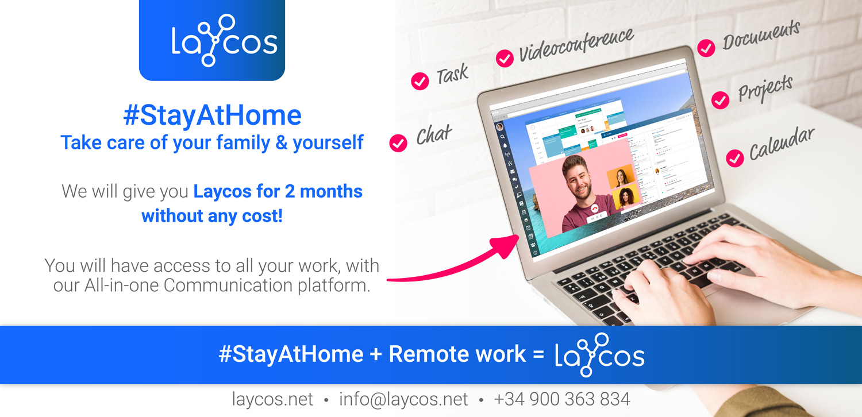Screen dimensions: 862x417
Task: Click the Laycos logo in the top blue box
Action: [x=224, y=40]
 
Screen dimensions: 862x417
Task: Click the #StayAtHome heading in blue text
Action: [x=212, y=115]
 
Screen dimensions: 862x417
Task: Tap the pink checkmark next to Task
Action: [x=420, y=81]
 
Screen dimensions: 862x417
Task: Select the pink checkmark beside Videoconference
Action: [x=505, y=59]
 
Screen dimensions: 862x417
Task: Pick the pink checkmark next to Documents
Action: [x=706, y=48]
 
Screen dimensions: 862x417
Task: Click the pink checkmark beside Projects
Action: [x=720, y=100]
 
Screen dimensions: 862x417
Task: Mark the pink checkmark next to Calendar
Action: [x=735, y=158]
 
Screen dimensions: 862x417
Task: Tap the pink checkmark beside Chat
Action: [x=398, y=143]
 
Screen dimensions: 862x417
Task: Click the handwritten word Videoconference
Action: [x=576, y=45]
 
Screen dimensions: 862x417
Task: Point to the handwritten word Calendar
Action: [x=782, y=143]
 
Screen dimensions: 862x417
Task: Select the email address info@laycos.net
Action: [x=403, y=399]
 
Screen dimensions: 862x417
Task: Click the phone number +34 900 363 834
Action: [x=562, y=399]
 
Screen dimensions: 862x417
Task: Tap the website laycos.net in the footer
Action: [x=272, y=399]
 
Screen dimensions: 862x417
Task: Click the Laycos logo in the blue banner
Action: [x=599, y=355]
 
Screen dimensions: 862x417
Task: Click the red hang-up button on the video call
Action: [x=595, y=209]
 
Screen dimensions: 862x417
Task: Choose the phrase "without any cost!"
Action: [x=212, y=216]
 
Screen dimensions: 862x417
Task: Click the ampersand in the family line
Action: [x=282, y=142]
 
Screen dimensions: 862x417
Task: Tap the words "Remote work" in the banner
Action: [x=457, y=354]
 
